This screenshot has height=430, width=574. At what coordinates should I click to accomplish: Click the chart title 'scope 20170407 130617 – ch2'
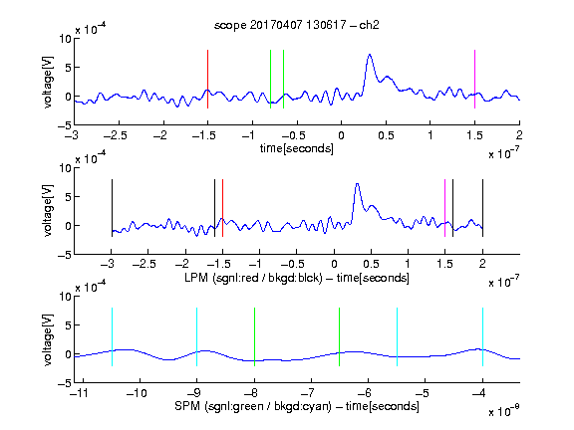(x=296, y=25)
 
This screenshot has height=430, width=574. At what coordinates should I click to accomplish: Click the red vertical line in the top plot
(x=207, y=79)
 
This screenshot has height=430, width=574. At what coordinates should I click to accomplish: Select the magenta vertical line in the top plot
(x=474, y=79)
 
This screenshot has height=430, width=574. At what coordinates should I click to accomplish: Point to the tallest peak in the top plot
(x=370, y=55)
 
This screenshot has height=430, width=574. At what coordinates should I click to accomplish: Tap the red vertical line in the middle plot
(x=222, y=208)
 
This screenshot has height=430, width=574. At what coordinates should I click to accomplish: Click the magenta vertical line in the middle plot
(x=444, y=208)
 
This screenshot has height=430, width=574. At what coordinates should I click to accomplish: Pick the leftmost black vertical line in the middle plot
(x=112, y=208)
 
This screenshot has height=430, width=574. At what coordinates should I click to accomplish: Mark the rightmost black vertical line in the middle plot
(x=482, y=208)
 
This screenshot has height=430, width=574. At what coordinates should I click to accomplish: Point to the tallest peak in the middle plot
(x=358, y=184)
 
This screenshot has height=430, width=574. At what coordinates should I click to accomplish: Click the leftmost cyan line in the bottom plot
(x=112, y=336)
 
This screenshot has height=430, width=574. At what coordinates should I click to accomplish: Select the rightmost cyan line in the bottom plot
(x=482, y=336)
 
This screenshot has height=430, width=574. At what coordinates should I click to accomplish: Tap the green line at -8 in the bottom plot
(x=254, y=336)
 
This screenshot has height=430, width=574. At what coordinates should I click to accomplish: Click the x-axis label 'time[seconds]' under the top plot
(x=297, y=148)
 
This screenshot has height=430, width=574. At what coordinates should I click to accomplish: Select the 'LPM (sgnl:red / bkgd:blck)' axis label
(x=253, y=278)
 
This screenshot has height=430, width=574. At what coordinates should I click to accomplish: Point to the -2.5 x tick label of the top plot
(x=115, y=135)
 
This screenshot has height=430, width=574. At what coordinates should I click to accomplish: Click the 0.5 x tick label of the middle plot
(x=371, y=264)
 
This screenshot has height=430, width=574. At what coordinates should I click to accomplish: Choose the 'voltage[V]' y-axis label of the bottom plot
(x=48, y=339)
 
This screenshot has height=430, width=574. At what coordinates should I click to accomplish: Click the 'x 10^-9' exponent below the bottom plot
(x=504, y=410)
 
